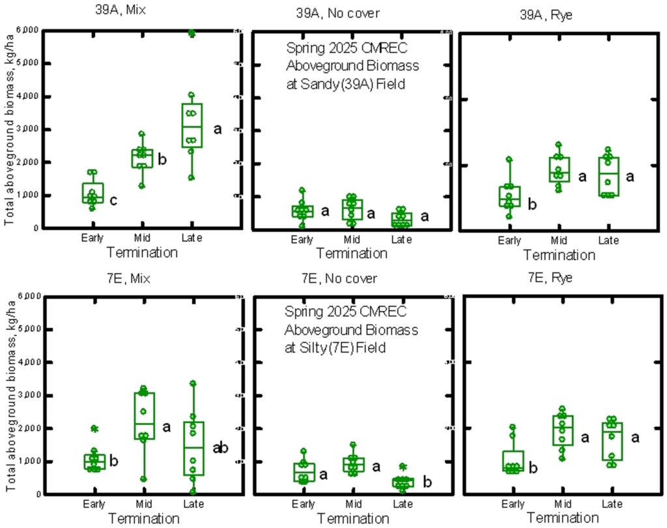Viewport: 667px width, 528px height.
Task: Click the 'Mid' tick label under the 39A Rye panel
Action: click(559, 241)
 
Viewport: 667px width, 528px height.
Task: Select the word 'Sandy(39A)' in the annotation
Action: click(316, 83)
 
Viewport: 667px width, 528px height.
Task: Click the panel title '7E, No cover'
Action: click(339, 279)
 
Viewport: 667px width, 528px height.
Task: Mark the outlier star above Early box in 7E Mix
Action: click(94, 429)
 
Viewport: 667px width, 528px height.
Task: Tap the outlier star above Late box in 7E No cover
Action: click(403, 467)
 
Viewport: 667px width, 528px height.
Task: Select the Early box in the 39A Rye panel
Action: click(509, 196)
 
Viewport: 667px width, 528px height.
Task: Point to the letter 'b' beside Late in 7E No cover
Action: click(427, 482)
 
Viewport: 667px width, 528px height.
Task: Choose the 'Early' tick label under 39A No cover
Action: click(303, 239)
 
